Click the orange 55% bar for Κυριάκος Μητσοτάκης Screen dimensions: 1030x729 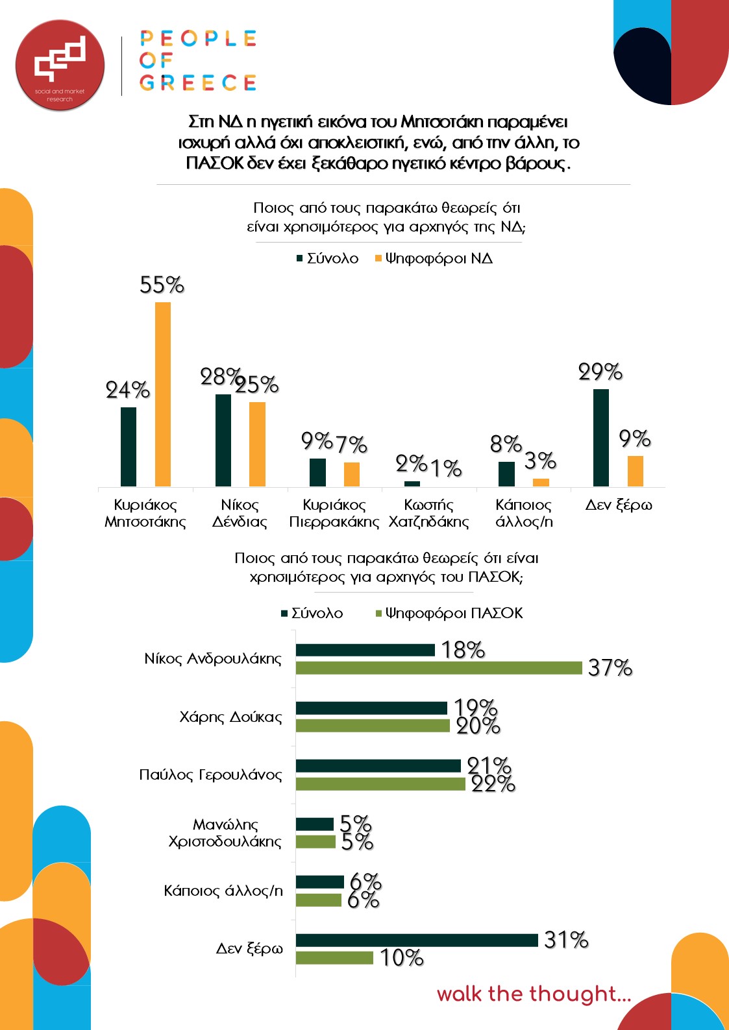pyautogui.click(x=163, y=394)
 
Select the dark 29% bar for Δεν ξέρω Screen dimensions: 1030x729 pyautogui.click(x=601, y=438)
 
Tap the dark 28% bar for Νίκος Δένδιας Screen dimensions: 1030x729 pyautogui.click(x=223, y=440)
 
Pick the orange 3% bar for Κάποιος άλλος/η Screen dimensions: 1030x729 pyautogui.click(x=541, y=483)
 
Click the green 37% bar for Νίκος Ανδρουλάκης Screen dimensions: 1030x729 pyautogui.click(x=439, y=668)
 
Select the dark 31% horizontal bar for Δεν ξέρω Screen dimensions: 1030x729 pyautogui.click(x=417, y=940)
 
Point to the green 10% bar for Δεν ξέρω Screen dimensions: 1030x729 pyautogui.click(x=334, y=958)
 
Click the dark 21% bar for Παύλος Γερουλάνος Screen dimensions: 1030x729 pyautogui.click(x=378, y=766)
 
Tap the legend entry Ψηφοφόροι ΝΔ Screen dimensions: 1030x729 pyautogui.click(x=434, y=259)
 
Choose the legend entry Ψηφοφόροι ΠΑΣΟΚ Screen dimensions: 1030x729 pyautogui.click(x=449, y=614)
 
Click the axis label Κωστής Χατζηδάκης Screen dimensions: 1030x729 pyautogui.click(x=428, y=513)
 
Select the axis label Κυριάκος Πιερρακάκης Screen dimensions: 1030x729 pyautogui.click(x=334, y=513)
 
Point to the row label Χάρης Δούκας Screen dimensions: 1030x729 pyautogui.click(x=230, y=717)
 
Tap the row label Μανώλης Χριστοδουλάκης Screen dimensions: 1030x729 pyautogui.click(x=225, y=833)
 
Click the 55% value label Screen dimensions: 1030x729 pyautogui.click(x=162, y=285)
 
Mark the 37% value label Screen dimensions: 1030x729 pyautogui.click(x=610, y=668)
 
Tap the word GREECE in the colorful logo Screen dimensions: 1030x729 pyautogui.click(x=198, y=83)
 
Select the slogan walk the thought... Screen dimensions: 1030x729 pyautogui.click(x=534, y=994)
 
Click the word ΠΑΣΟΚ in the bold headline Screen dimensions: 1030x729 pyautogui.click(x=215, y=163)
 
